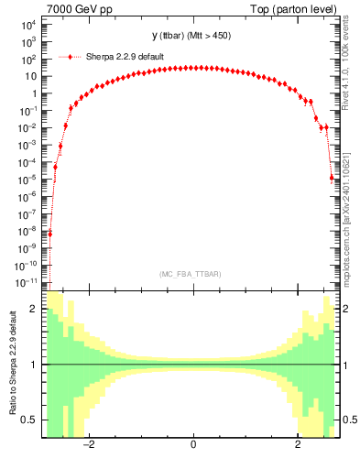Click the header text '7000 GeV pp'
75,9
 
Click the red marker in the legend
71,57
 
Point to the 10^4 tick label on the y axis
27,25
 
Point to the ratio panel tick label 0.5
28,420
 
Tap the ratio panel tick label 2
33,310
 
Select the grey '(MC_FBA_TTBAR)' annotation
192,274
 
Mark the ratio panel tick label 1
33,365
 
